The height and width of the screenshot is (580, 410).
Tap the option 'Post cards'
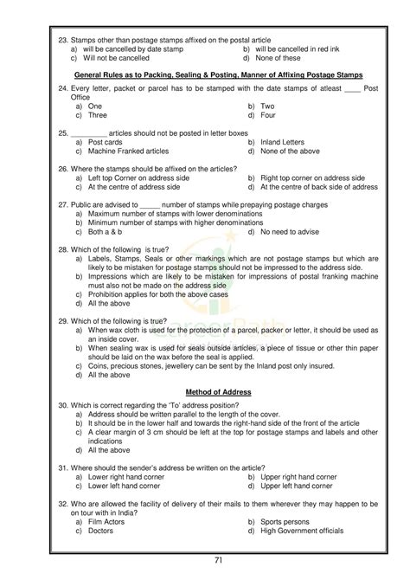pyautogui.click(x=106, y=141)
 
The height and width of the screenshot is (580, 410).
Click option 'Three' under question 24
pyautogui.click(x=98, y=114)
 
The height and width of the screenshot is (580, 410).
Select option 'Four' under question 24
pyautogui.click(x=268, y=114)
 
